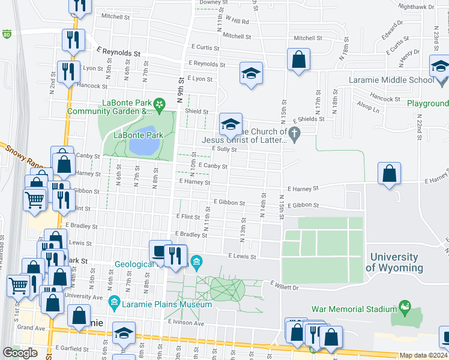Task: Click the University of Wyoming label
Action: pyautogui.click(x=394, y=262)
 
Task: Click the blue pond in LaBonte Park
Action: pyautogui.click(x=143, y=142)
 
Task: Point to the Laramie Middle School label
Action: pyautogui.click(x=391, y=80)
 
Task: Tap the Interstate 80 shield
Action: pyautogui.click(x=7, y=34)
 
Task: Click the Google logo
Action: pyautogui.click(x=20, y=352)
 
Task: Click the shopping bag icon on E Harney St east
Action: pyautogui.click(x=390, y=173)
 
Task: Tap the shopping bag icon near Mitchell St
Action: pyautogui.click(x=298, y=60)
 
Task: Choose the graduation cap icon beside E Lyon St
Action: pyautogui.click(x=252, y=73)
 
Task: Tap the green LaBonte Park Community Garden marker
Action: pyautogui.click(x=160, y=106)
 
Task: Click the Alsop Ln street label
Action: pyautogui.click(x=367, y=110)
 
